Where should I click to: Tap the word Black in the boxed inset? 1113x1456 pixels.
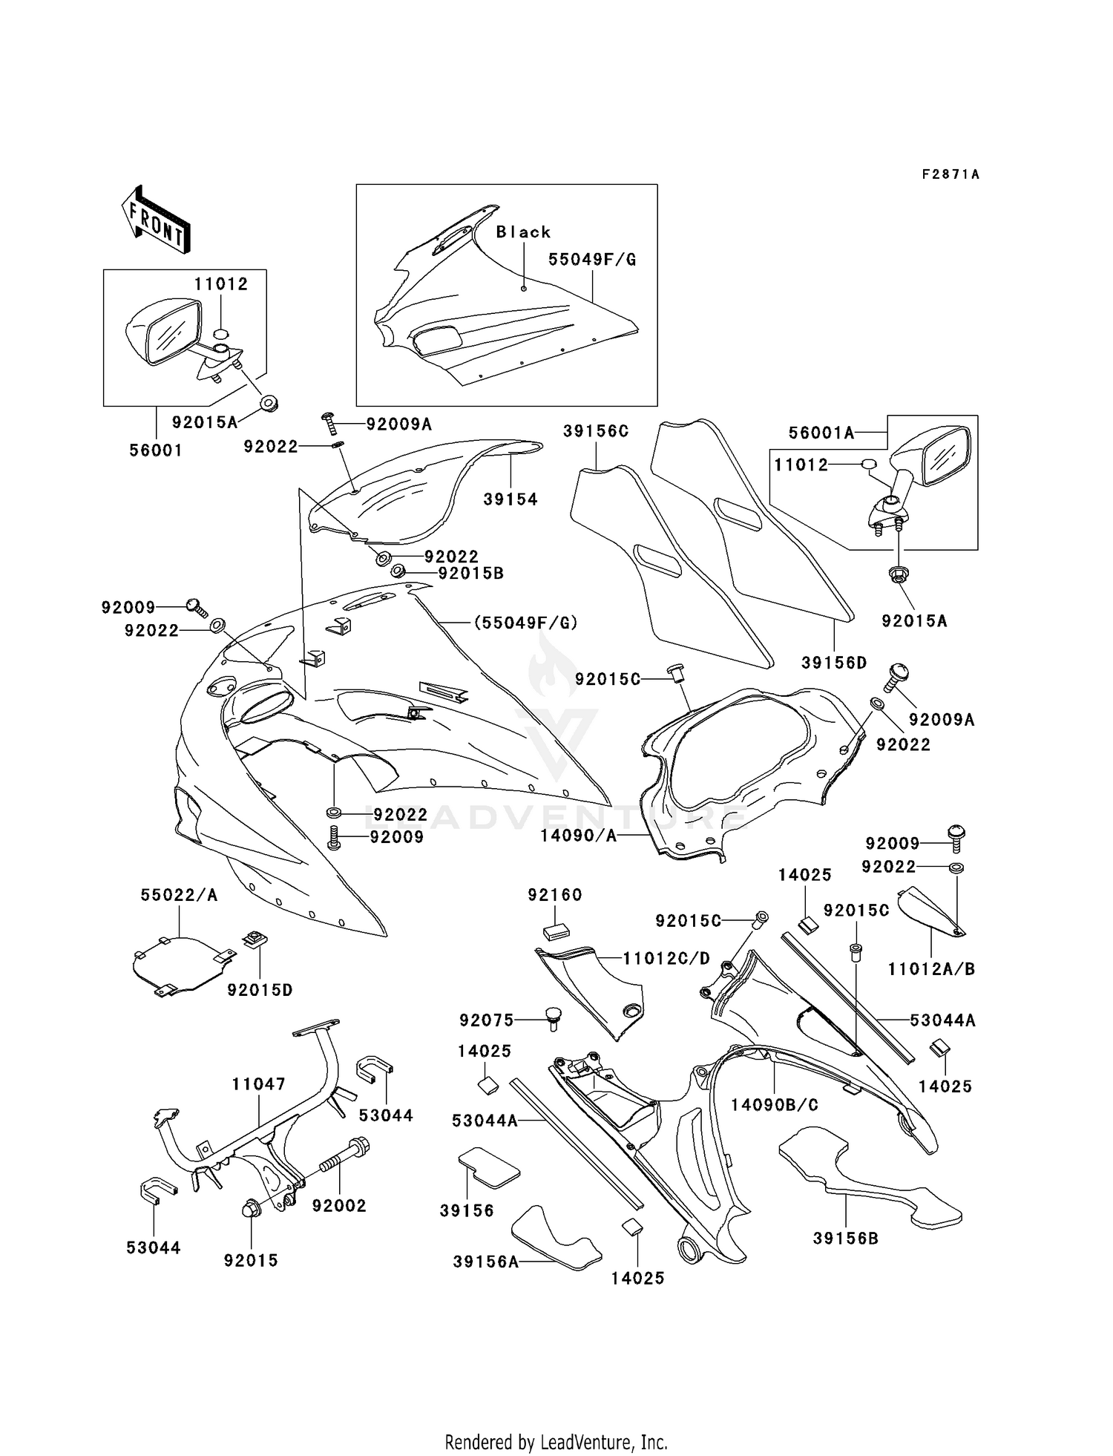point(523,232)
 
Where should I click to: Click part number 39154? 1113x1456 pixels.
point(510,499)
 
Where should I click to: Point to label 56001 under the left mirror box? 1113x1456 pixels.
point(156,450)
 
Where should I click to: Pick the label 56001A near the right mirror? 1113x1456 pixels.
point(821,433)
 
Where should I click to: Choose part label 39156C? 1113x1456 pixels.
point(596,431)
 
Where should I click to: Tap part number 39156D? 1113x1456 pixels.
point(834,663)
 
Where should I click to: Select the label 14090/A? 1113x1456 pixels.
point(579,836)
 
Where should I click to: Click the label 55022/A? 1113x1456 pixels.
point(180,896)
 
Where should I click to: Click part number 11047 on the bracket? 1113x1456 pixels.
point(258,1084)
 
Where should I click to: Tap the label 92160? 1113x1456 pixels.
point(555,895)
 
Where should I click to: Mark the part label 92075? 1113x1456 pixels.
point(487,1020)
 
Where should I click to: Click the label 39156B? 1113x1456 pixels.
point(846,1239)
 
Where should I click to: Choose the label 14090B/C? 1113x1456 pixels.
point(775,1105)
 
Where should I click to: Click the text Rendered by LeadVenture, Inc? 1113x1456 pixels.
point(556,1443)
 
